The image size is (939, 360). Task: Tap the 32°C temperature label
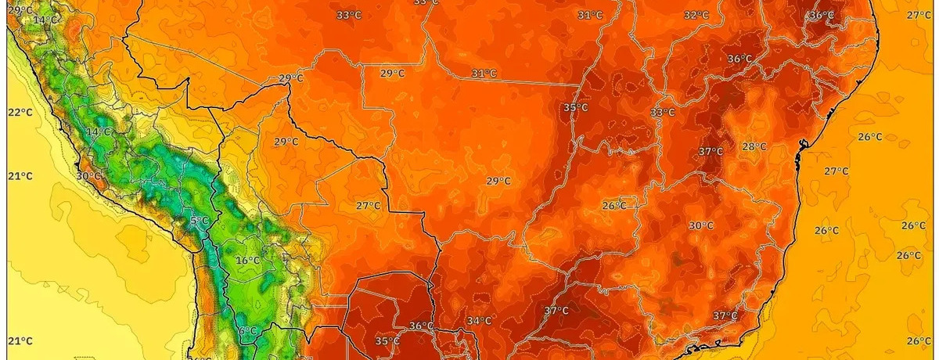click(x=696, y=15)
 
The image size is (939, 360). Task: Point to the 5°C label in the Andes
click(x=199, y=221)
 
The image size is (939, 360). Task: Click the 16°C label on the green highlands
click(x=247, y=261)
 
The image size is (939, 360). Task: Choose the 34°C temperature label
click(x=479, y=321)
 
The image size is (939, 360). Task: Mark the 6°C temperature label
click(x=247, y=330)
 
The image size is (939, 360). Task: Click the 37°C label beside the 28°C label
click(x=711, y=151)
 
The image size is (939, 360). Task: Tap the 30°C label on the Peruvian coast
click(x=89, y=176)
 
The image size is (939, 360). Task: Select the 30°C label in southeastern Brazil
click(x=700, y=226)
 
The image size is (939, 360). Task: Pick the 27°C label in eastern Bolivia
click(x=368, y=206)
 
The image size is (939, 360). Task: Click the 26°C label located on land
click(x=613, y=206)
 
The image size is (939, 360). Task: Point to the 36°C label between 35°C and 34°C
click(x=421, y=326)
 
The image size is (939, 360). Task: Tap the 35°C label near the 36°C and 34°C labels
click(x=387, y=341)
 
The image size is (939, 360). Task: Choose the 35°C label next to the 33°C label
click(x=575, y=107)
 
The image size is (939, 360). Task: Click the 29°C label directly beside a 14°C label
click(x=20, y=9)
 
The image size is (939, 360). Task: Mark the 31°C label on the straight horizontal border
click(x=484, y=73)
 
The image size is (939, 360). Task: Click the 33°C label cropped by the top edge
click(x=426, y=2)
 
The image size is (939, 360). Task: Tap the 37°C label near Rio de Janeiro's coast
click(x=725, y=315)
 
